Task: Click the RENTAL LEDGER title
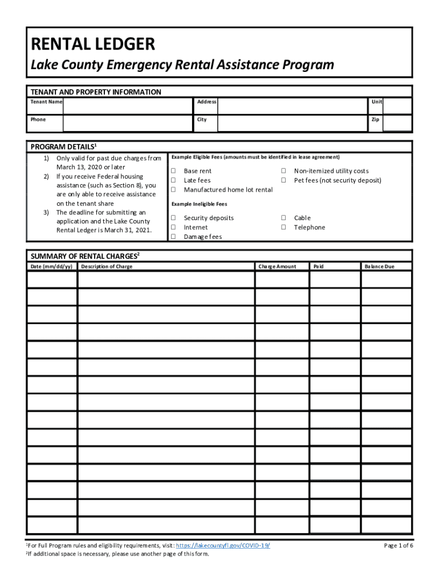pyautogui.click(x=92, y=44)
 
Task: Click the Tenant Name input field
pyautogui.click(x=126, y=106)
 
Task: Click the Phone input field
pyautogui.click(x=126, y=123)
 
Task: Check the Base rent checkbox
pyautogui.click(x=173, y=171)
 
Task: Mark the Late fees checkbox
pyautogui.click(x=173, y=180)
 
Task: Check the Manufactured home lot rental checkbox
pyautogui.click(x=173, y=189)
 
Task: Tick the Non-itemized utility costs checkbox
pyautogui.click(x=283, y=171)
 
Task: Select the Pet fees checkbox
pyautogui.click(x=283, y=180)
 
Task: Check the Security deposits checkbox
pyautogui.click(x=173, y=218)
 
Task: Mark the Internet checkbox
pyautogui.click(x=173, y=227)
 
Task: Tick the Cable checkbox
pyautogui.click(x=283, y=218)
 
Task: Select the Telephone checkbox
pyautogui.click(x=283, y=227)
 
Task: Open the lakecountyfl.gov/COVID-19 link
pyautogui.click(x=223, y=546)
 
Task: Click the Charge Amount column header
pyautogui.click(x=277, y=266)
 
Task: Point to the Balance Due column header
pyautogui.click(x=379, y=266)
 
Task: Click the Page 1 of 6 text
pyautogui.click(x=399, y=546)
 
